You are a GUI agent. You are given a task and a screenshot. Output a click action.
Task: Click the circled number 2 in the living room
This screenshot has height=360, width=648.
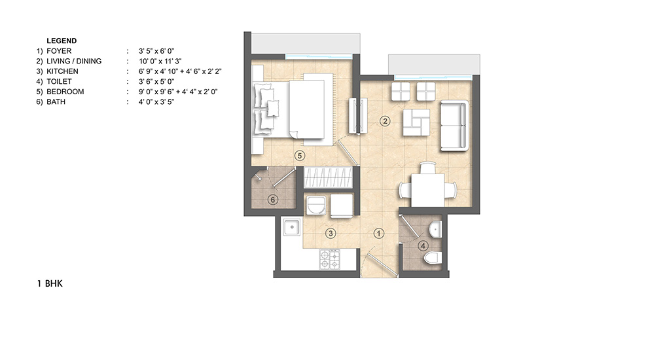pyautogui.click(x=385, y=121)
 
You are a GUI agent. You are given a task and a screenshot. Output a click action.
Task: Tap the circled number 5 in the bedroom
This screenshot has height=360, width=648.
pyautogui.click(x=300, y=156)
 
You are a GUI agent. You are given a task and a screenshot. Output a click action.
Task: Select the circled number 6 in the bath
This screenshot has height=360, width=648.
pyautogui.click(x=272, y=200)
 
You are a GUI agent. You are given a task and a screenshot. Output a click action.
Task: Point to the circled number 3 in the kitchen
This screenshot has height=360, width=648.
pyautogui.click(x=330, y=234)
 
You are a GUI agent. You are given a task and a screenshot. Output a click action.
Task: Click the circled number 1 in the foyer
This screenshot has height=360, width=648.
pyautogui.click(x=378, y=234)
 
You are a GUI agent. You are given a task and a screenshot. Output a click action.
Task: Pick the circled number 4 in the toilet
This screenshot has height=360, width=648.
pyautogui.click(x=423, y=246)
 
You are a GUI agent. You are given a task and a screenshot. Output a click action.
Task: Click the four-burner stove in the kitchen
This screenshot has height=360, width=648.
pyautogui.click(x=329, y=259)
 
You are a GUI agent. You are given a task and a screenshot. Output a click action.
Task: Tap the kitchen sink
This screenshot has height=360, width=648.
pyautogui.click(x=292, y=227)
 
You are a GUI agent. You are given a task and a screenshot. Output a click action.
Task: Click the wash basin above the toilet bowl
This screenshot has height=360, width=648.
pyautogui.click(x=435, y=229)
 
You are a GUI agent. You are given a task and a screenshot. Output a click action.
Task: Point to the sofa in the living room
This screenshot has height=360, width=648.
pyautogui.click(x=454, y=126)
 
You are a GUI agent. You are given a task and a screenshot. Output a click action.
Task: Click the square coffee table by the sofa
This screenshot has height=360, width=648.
pyautogui.click(x=416, y=122)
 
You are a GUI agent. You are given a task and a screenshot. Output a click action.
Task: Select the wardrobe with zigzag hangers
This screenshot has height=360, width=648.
pyautogui.click(x=329, y=177)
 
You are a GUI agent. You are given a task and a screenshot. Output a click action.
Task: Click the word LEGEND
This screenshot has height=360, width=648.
pyautogui.click(x=62, y=41)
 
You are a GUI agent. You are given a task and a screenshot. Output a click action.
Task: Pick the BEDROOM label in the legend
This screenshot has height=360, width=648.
pyautogui.click(x=65, y=92)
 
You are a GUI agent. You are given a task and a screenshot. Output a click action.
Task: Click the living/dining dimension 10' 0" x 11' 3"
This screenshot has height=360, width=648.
pyautogui.click(x=160, y=61)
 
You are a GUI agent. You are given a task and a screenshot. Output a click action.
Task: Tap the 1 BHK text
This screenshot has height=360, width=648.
pyautogui.click(x=50, y=283)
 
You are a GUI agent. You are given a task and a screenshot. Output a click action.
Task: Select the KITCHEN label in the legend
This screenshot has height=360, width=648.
pyautogui.click(x=62, y=71)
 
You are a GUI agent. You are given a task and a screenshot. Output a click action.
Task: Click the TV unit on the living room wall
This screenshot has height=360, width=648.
pyautogui.click(x=358, y=116)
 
